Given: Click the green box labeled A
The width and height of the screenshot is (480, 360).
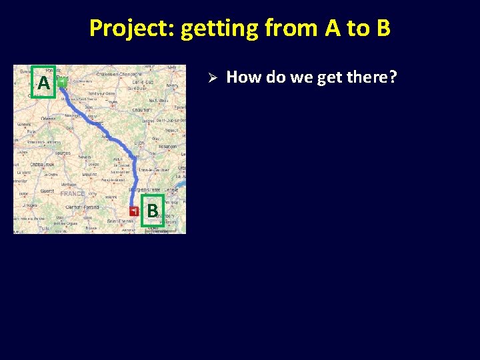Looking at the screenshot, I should coord(43,83).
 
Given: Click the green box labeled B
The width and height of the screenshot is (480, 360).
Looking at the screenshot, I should coord(153,211).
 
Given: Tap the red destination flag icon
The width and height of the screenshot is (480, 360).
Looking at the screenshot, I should coord(134,211).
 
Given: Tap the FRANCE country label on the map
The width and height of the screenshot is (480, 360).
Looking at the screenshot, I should coord(72,193).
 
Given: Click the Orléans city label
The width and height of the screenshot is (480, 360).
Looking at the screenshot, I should coord(49,119).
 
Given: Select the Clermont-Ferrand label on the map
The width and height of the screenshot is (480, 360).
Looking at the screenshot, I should coord(81,207).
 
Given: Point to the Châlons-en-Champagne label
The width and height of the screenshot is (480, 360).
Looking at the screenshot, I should coord(117,73).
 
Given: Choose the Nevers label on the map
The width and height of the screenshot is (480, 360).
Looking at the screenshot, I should coord(85,157).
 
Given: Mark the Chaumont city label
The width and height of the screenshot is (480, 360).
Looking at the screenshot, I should coord(141,109).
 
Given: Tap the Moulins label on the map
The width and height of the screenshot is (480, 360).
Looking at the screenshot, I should coord(89,175).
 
